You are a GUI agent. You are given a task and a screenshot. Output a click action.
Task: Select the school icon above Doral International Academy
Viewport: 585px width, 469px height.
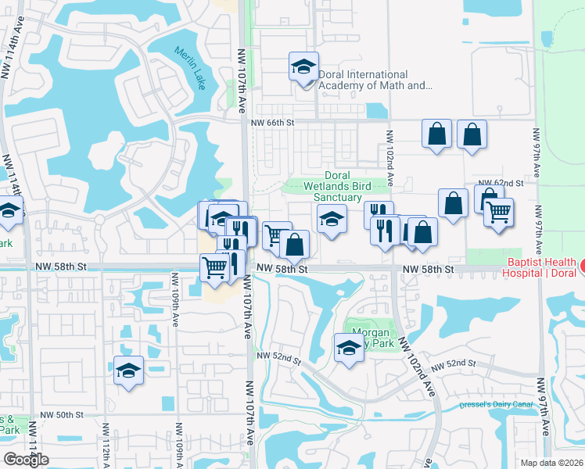click(303, 67)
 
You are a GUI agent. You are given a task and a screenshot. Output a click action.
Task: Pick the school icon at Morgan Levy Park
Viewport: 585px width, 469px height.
click(349, 348)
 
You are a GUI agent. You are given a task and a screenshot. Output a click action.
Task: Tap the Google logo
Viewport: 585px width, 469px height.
click(26, 459)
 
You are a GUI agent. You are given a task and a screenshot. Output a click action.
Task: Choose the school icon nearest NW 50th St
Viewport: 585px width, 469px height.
click(128, 371)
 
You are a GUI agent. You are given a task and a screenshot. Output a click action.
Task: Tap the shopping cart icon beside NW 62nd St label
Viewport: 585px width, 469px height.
click(498, 211)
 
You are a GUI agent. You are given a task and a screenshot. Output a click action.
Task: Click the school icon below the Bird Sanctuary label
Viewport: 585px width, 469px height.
click(332, 218)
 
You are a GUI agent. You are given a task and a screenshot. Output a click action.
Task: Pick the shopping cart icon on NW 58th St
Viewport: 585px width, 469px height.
click(214, 268)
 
